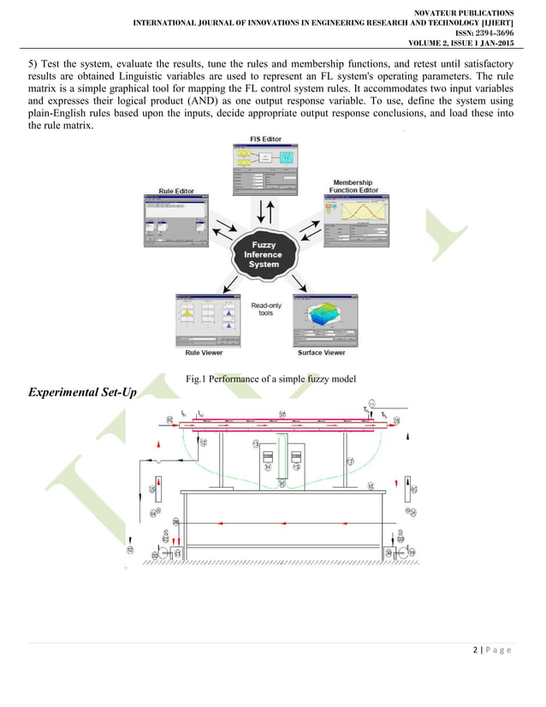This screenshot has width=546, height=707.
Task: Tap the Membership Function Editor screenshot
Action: click(x=357, y=221)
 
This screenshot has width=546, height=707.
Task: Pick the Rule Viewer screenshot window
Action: click(x=205, y=320)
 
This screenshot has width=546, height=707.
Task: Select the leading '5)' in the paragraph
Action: click(x=34, y=64)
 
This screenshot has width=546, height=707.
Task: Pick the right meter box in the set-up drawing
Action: click(x=296, y=457)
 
